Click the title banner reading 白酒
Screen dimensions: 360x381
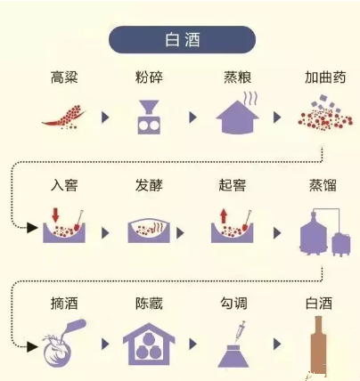pos(182,39)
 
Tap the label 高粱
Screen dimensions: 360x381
pos(64,77)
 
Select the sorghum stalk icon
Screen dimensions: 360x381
pos(63,117)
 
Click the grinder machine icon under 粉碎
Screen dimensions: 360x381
pos(149,118)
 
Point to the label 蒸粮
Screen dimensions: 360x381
pos(237,77)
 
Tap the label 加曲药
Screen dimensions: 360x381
pos(325,77)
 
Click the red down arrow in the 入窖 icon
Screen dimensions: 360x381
pos(55,215)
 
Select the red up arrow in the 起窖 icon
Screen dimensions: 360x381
pos(224,215)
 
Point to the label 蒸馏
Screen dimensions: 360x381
pos(323,185)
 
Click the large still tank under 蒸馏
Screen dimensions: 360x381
pos(314,233)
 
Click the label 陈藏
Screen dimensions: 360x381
pos(149,304)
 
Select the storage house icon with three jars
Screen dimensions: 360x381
pos(149,345)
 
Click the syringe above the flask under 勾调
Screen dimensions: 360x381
pos(240,332)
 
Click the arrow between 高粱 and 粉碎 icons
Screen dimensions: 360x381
pos(105,118)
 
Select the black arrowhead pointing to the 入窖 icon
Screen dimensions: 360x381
pos(32,228)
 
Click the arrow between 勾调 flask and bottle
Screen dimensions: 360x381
pos(277,345)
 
